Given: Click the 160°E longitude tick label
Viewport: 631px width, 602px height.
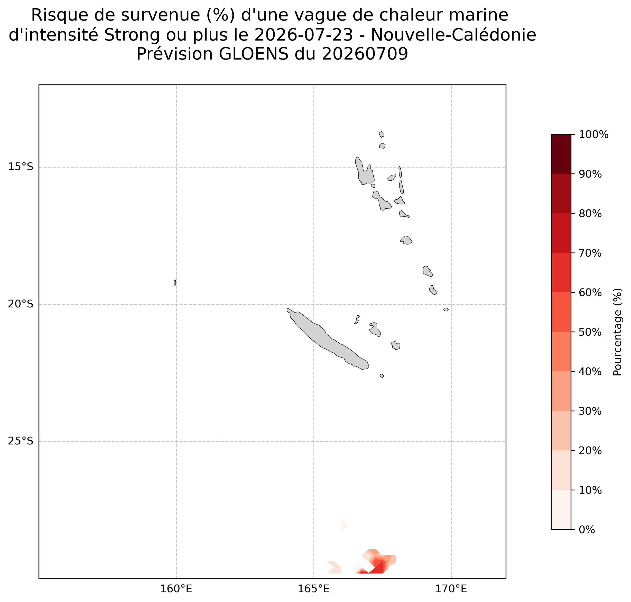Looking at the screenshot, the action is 176,589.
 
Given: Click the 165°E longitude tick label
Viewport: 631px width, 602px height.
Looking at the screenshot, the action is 313,589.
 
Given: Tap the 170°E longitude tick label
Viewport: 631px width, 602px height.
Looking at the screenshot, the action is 451,589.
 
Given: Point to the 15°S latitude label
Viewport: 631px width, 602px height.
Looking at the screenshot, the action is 21,167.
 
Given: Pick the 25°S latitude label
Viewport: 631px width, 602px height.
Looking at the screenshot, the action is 21,441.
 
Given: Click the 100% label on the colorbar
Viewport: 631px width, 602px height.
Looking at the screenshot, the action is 593,134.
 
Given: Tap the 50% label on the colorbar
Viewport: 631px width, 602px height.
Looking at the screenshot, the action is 590,332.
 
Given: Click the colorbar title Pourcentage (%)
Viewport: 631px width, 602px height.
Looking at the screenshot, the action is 617,332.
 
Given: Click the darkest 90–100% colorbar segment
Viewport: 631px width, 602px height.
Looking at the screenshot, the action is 561,154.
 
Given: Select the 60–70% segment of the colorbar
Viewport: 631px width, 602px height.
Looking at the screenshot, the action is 561,273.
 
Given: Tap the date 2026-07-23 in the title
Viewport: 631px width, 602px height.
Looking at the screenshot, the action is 304,35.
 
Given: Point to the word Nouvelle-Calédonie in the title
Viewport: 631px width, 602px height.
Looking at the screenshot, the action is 453,35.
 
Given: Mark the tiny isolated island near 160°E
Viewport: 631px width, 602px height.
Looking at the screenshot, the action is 175,283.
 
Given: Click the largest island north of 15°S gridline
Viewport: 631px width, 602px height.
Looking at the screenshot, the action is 364,171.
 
